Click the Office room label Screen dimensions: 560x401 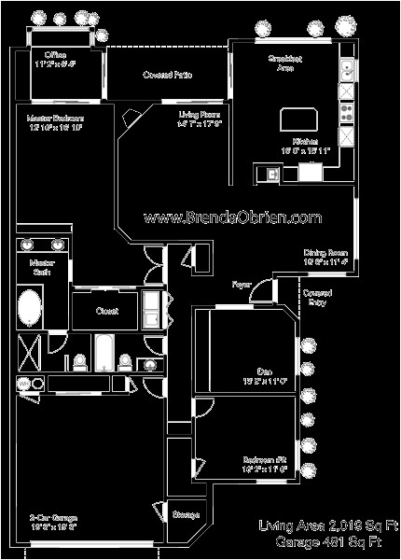coord(56,60)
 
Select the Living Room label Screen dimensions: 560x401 coord(200,117)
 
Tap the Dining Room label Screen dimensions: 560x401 coord(325,258)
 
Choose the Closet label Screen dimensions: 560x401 coord(106,312)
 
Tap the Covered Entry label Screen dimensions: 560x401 coord(315,296)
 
